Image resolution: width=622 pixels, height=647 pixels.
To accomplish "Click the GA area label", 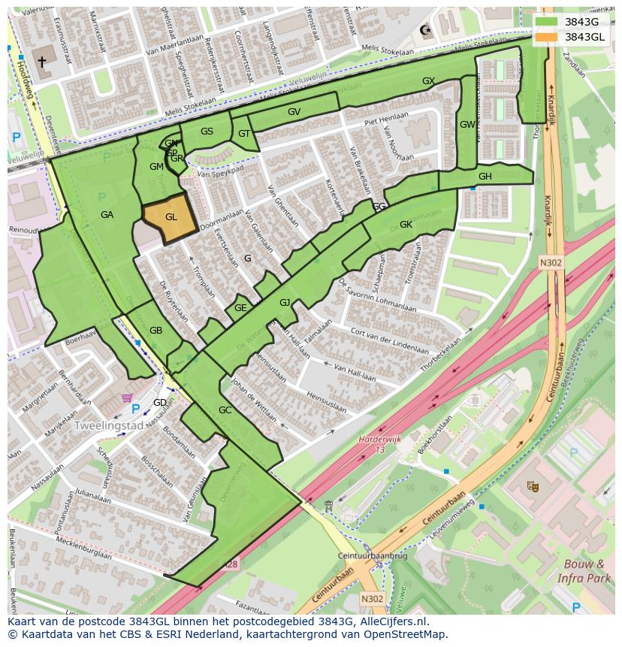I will pos(107,215).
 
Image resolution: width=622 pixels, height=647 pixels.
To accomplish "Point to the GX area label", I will pos(428,80).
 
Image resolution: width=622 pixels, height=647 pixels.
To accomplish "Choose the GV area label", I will pos(294,112).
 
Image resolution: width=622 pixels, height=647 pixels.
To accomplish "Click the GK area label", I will pos(406,225).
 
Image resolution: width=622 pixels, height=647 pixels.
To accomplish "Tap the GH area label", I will pos(485,177).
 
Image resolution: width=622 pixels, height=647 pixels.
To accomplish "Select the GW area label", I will pos(466,125).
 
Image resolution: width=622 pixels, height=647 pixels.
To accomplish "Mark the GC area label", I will pos(225,410).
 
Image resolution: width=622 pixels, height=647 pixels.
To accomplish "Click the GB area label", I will pos(155,331).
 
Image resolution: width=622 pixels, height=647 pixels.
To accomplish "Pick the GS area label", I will pos(207,132).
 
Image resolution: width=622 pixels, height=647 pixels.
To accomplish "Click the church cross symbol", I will pos(41,62).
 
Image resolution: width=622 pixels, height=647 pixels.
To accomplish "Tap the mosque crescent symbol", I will pos(426,31).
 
